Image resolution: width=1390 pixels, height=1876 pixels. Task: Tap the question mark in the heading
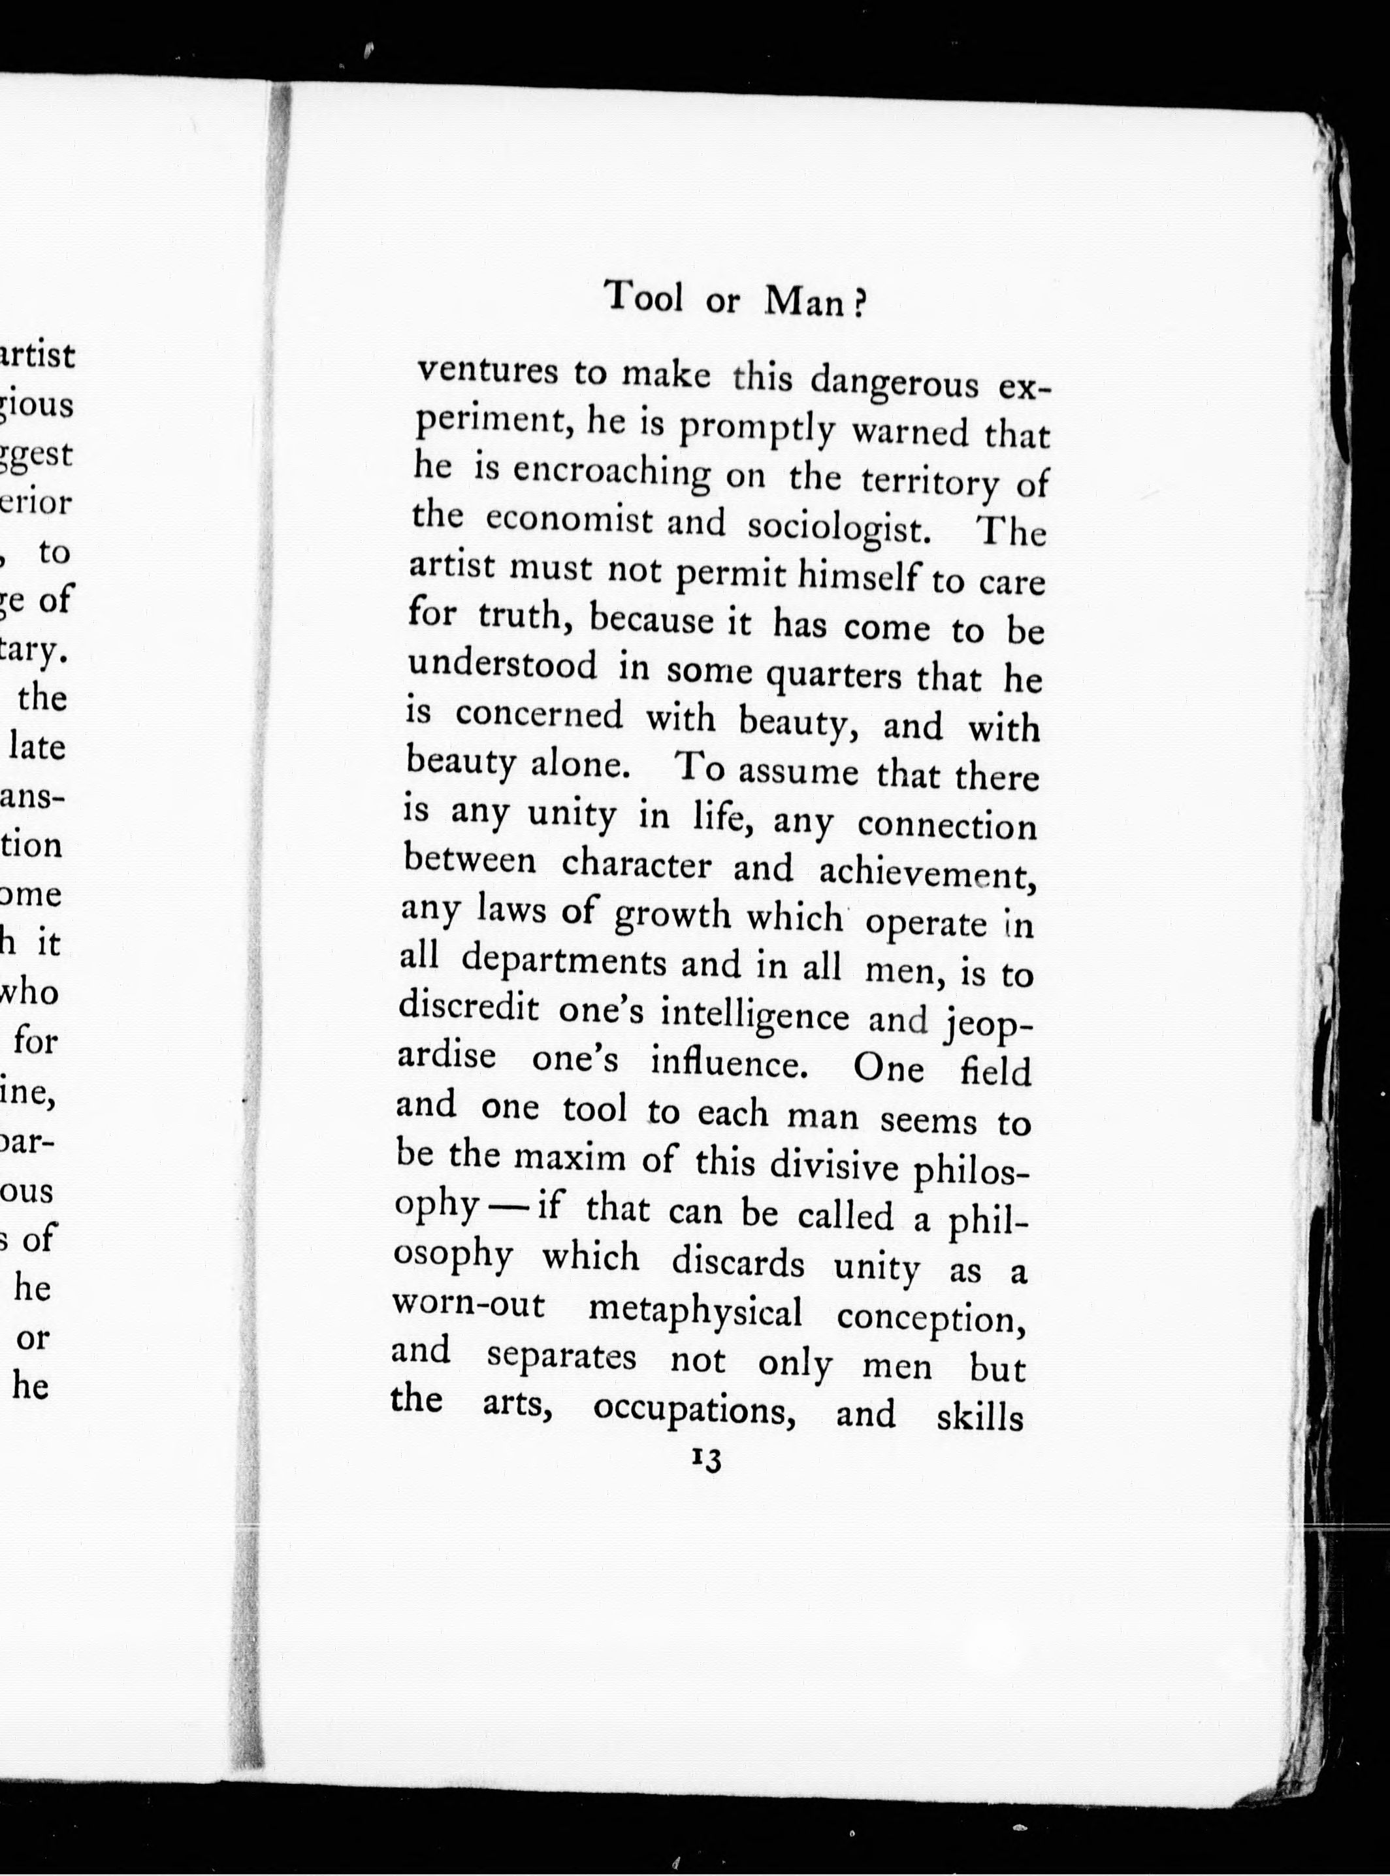click(x=858, y=304)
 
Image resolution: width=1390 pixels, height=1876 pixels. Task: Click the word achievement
click(x=926, y=875)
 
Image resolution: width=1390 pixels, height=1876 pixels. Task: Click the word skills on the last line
click(x=979, y=1416)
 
